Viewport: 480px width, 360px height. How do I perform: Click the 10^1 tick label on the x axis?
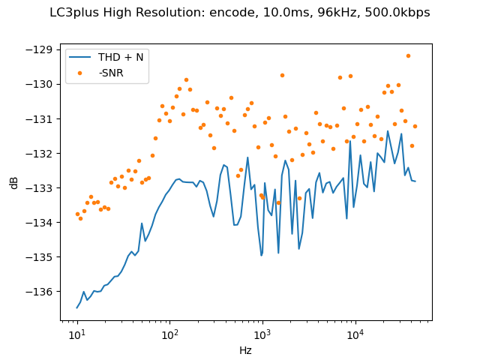(x=76, y=333)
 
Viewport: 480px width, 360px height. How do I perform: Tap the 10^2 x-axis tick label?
(x=169, y=333)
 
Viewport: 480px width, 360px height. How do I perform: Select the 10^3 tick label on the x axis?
(x=262, y=333)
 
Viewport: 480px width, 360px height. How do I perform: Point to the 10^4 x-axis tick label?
(x=355, y=333)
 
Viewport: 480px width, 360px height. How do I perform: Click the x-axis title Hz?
(x=246, y=350)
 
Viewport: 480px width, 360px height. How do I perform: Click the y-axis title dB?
(x=14, y=182)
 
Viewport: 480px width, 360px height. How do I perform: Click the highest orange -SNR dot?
(x=408, y=55)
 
